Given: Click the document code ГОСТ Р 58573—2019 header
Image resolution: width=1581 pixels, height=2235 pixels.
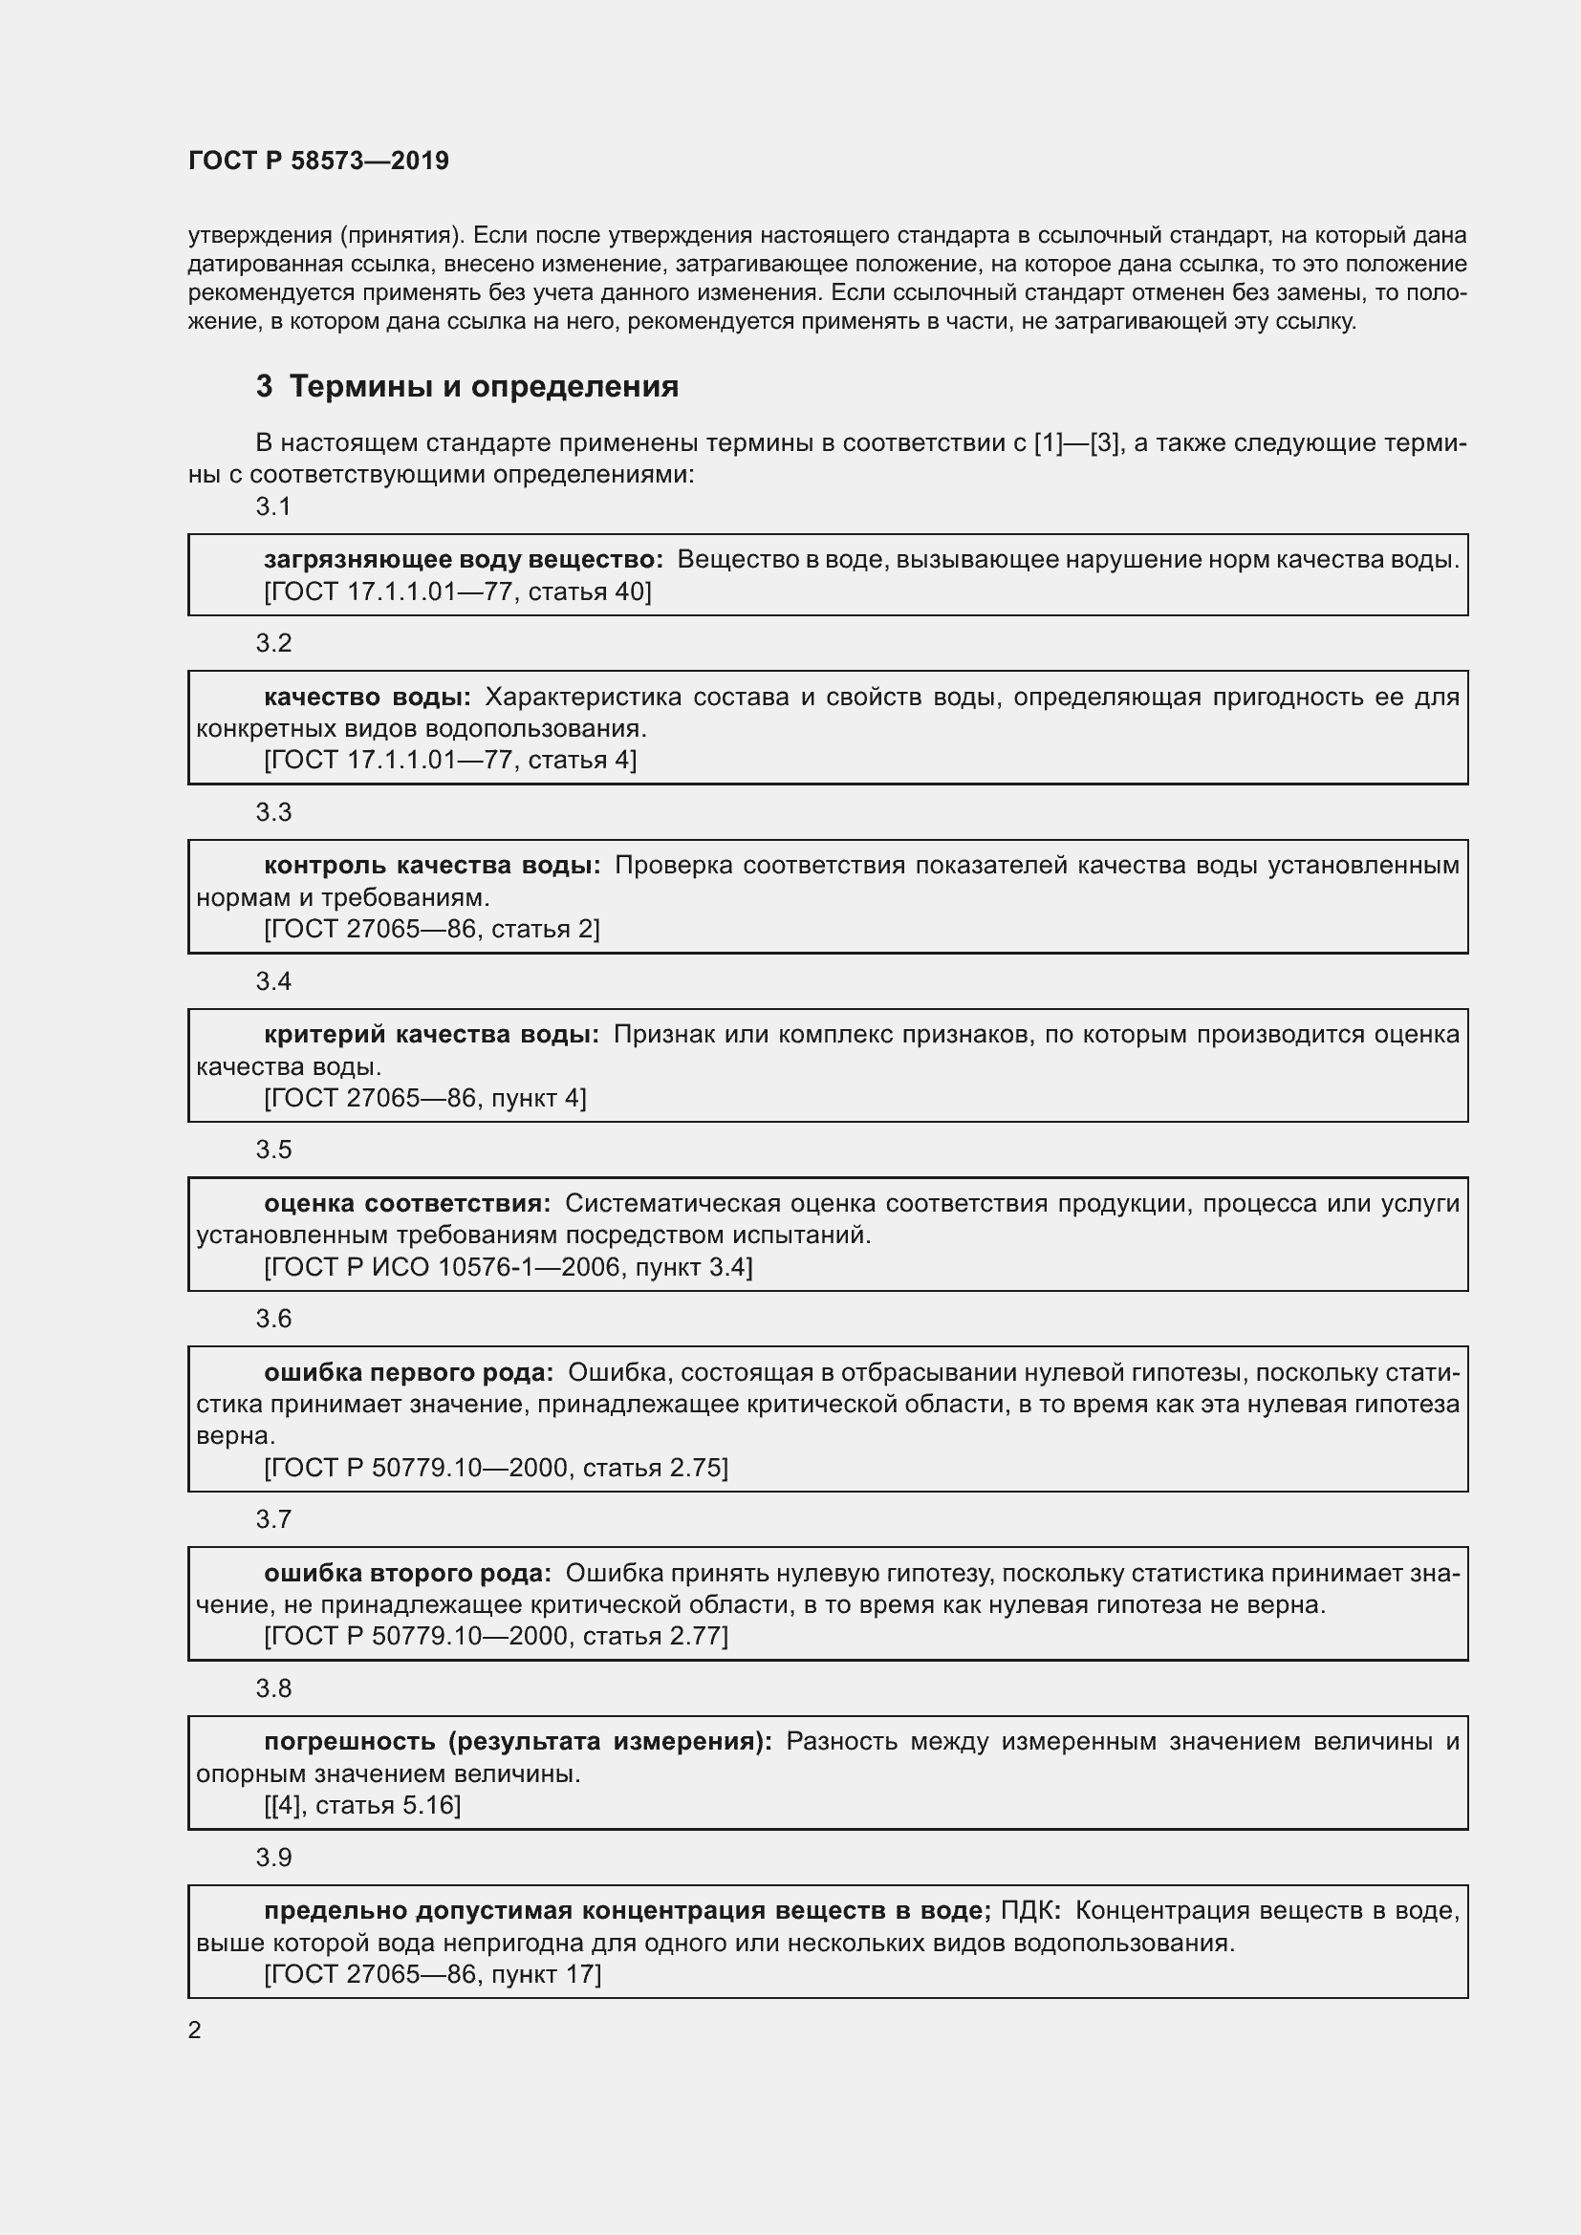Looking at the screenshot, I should [318, 161].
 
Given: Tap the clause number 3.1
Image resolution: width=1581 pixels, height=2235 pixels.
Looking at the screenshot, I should [273, 506].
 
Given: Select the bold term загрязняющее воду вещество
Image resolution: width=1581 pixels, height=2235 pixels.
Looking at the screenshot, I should [463, 560].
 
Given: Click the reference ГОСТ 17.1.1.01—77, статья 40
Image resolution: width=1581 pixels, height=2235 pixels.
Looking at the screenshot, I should [457, 591].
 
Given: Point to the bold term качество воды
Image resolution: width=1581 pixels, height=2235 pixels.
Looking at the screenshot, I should [367, 697].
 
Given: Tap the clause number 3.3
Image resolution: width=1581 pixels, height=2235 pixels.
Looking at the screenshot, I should [273, 812].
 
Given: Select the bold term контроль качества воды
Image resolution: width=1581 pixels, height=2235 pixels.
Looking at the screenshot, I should [432, 866].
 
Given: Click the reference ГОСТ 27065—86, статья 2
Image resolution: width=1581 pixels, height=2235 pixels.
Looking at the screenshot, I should [431, 929].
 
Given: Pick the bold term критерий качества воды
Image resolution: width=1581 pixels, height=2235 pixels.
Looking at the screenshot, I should [431, 1035].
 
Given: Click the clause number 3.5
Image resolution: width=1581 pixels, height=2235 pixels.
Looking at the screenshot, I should [273, 1150].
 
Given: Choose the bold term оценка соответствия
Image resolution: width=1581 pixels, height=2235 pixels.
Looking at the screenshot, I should [407, 1204].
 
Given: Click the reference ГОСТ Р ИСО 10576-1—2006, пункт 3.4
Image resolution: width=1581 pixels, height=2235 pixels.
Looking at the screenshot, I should [508, 1267].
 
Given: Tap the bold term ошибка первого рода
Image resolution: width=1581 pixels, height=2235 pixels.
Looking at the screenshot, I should [409, 1373].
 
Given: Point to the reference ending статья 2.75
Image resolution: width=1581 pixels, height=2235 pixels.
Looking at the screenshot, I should [495, 1468].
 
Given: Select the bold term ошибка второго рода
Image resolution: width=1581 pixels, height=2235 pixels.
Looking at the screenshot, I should [408, 1574].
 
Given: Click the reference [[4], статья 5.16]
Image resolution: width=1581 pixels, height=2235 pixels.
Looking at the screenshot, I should [362, 1806].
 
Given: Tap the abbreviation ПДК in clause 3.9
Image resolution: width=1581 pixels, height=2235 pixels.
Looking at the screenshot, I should [1030, 1911].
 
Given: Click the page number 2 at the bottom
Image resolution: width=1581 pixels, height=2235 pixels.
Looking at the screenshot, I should [195, 2031].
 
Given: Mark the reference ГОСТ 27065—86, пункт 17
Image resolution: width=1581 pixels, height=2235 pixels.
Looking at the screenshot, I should [432, 1974].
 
